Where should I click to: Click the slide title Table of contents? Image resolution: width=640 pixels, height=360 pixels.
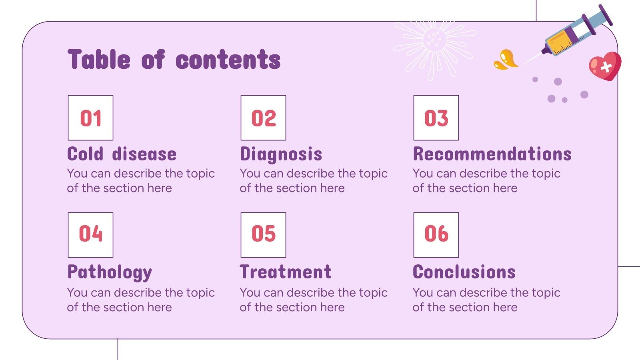click(x=174, y=60)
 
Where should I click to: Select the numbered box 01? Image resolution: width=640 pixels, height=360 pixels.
click(x=90, y=118)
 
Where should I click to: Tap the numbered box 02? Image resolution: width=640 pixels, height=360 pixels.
click(x=263, y=118)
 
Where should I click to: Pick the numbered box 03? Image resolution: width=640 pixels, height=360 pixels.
click(x=436, y=118)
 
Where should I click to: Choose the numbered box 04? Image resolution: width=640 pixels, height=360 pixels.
click(x=90, y=235)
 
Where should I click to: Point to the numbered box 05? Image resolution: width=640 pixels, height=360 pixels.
click(x=263, y=235)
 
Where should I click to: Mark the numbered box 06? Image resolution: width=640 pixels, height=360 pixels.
click(x=436, y=235)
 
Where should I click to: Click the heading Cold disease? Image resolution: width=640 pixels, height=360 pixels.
click(x=122, y=154)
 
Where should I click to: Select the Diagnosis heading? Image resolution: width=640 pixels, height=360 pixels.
click(x=281, y=154)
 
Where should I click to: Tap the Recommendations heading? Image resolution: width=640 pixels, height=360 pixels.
click(x=492, y=154)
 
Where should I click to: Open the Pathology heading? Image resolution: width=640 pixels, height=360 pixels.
click(x=110, y=272)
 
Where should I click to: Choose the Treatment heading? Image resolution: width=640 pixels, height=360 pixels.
click(x=286, y=272)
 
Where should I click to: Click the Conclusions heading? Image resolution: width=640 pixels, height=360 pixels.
click(x=464, y=272)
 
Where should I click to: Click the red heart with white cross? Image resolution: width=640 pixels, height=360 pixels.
click(x=605, y=66)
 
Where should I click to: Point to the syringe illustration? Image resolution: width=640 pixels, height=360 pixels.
click(x=576, y=32)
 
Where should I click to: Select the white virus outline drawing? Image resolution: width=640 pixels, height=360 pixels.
click(x=434, y=42)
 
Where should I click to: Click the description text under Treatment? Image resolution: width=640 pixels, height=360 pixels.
click(x=314, y=300)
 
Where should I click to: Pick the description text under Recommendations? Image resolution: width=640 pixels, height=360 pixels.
click(x=486, y=180)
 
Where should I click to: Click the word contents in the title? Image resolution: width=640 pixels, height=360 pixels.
click(x=228, y=60)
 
